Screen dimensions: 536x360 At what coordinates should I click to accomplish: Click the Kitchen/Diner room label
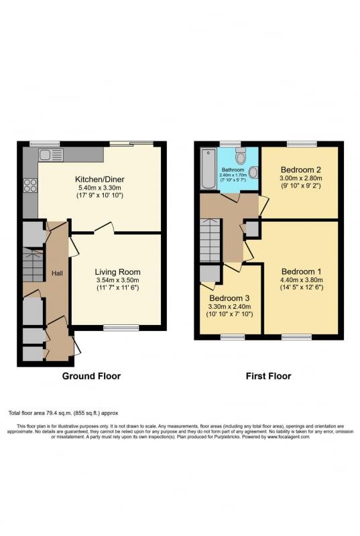pos(101,180)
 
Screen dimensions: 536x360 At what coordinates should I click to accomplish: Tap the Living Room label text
pos(117,271)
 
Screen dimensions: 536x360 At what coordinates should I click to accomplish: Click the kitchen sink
pos(50,155)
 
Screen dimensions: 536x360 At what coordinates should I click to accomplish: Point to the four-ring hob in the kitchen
pos(31,186)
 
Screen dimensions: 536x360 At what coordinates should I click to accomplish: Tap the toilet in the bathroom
pos(240,157)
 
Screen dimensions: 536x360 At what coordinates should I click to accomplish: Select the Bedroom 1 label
pos(301,271)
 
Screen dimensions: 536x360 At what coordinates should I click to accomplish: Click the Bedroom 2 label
pos(301,169)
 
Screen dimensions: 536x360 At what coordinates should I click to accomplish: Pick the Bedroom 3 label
pos(229,298)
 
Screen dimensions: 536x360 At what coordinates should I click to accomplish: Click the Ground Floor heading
pos(91,376)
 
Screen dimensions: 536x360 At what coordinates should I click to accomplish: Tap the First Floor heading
pos(268,376)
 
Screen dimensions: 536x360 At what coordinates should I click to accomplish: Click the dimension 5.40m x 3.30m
pos(101,189)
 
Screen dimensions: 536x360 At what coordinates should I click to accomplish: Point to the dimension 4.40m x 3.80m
pos(301,281)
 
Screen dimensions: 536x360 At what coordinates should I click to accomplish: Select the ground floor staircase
pos(33,265)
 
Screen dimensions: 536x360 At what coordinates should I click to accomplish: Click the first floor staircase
pos(211,240)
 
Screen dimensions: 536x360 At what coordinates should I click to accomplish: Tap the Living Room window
pos(121,328)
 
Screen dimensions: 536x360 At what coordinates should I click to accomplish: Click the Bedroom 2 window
pos(302,143)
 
